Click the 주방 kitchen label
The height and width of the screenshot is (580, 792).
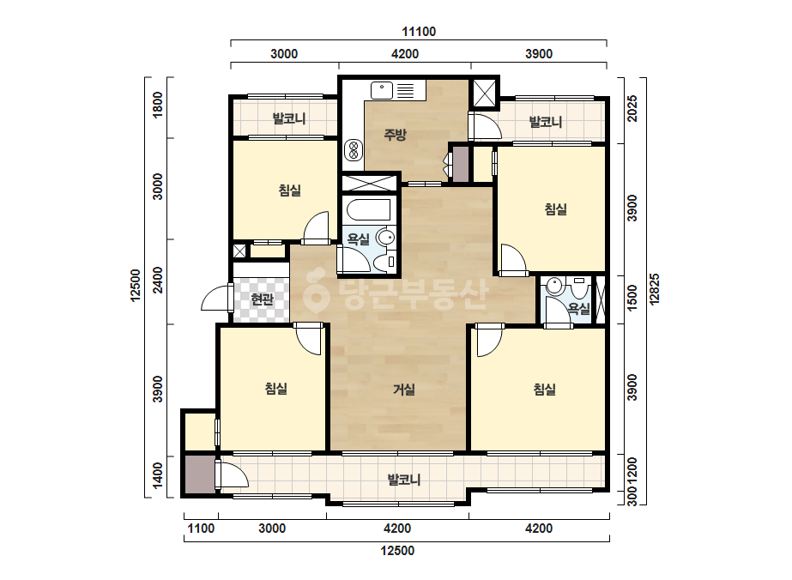pyautogui.click(x=395, y=135)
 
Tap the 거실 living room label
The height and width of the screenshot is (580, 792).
pyautogui.click(x=404, y=389)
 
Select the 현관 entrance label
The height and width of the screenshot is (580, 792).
pyautogui.click(x=263, y=299)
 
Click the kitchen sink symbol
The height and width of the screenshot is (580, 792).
pyautogui.click(x=382, y=90)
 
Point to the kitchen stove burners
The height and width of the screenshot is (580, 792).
pyautogui.click(x=354, y=150)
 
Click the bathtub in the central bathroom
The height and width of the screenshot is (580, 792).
pyautogui.click(x=366, y=209)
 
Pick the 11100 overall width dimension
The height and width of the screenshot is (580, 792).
pyautogui.click(x=419, y=32)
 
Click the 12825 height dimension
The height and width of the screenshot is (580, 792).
pyautogui.click(x=655, y=289)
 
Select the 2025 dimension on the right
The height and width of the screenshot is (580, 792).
pyautogui.click(x=632, y=109)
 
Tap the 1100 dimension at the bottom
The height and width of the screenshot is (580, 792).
pyautogui.click(x=201, y=529)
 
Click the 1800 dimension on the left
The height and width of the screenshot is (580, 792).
pyautogui.click(x=158, y=105)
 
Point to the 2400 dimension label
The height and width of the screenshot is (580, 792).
pyautogui.click(x=158, y=280)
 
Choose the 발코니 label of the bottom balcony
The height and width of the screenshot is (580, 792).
pyautogui.click(x=404, y=479)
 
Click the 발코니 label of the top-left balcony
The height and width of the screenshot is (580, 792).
pyautogui.click(x=289, y=118)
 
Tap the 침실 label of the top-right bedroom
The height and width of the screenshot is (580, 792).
pyautogui.click(x=556, y=208)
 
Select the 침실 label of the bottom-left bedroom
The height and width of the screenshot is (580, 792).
pyautogui.click(x=276, y=388)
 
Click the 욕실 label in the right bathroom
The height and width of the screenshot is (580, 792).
pyautogui.click(x=579, y=308)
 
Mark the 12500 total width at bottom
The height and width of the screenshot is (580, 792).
pyautogui.click(x=397, y=550)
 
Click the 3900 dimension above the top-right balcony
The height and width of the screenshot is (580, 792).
pyautogui.click(x=539, y=53)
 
